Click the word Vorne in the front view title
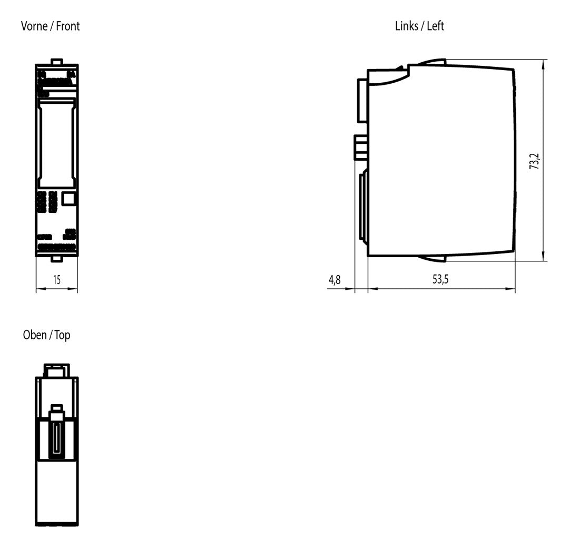coord(34,26)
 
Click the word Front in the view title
coord(68,26)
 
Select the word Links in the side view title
coord(406,26)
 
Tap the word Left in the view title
coord(436,26)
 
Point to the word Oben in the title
coord(35,335)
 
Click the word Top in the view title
coord(62,335)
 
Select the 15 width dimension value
coord(57,280)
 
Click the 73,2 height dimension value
coord(535,162)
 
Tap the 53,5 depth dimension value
coord(440,279)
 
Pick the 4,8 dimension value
coord(335,280)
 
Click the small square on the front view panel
coord(68,199)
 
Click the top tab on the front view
coord(56,62)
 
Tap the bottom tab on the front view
coord(56,258)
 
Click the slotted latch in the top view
coord(56,433)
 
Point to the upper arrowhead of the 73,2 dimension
coord(543,64)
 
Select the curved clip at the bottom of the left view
coord(432,258)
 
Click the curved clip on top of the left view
coord(432,62)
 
